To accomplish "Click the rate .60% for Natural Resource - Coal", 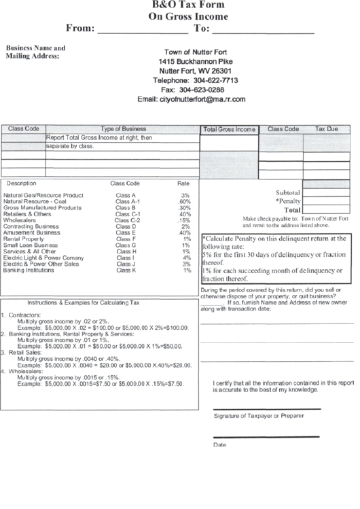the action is coord(185,201).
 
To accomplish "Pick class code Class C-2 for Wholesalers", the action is coord(127,220).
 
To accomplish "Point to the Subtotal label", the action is coord(287,192).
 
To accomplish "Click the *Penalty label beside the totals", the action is coord(287,201).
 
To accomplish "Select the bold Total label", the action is coord(292,211).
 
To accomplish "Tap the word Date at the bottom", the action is coord(219,445).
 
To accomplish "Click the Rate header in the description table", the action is coord(183,183).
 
